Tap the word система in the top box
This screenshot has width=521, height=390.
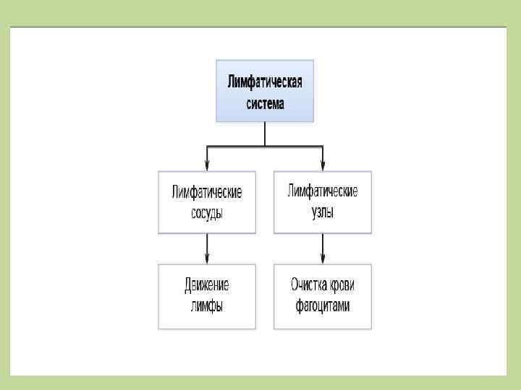(265, 103)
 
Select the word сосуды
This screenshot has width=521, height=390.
(207, 213)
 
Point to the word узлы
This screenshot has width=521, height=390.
(323, 212)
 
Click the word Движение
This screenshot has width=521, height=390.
(207, 285)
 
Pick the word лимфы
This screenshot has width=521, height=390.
(207, 305)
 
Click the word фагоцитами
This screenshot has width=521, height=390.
(323, 305)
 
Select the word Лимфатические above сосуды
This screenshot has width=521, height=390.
(207, 192)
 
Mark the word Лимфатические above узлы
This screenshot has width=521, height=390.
(323, 191)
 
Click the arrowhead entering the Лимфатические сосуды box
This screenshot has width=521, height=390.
(208, 165)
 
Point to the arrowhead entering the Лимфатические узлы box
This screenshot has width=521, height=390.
(323, 165)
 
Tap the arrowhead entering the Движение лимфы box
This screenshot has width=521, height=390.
(208, 259)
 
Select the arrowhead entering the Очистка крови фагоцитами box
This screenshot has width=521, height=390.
(323, 259)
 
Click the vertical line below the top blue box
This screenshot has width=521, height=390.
(265, 133)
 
